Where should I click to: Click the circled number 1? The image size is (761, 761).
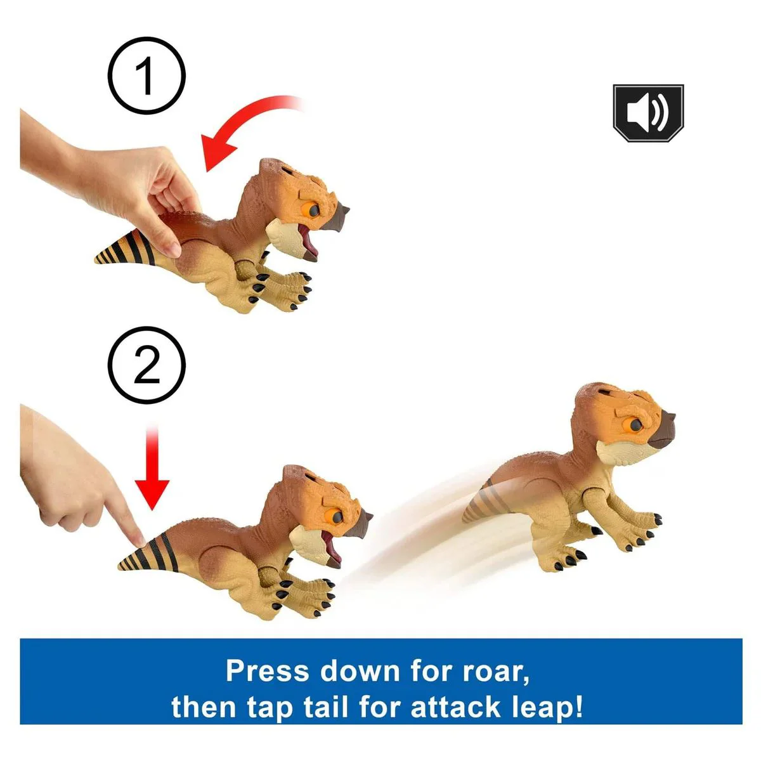pyautogui.click(x=146, y=75)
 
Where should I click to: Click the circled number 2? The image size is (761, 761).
pyautogui.click(x=146, y=365)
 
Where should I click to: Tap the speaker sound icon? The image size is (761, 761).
pyautogui.click(x=648, y=113)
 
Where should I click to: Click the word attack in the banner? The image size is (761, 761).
pyautogui.click(x=456, y=707)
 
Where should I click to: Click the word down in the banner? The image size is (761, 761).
pyautogui.click(x=359, y=670)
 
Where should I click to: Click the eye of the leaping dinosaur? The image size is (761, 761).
pyautogui.click(x=635, y=424)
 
